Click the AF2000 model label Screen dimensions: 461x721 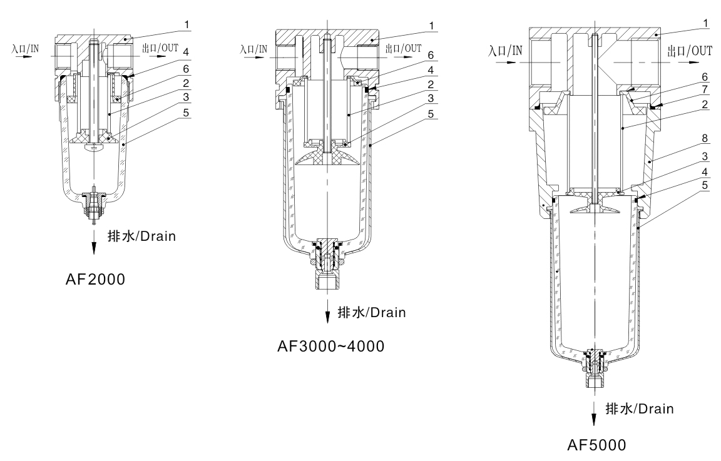click(95, 280)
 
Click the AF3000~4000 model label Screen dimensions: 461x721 click(330, 346)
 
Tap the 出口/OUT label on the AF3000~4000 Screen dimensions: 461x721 click(402, 48)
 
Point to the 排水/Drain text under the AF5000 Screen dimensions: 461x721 click(638, 409)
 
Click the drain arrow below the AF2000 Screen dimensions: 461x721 click(95, 241)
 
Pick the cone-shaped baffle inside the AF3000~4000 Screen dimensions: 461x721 click(327, 157)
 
